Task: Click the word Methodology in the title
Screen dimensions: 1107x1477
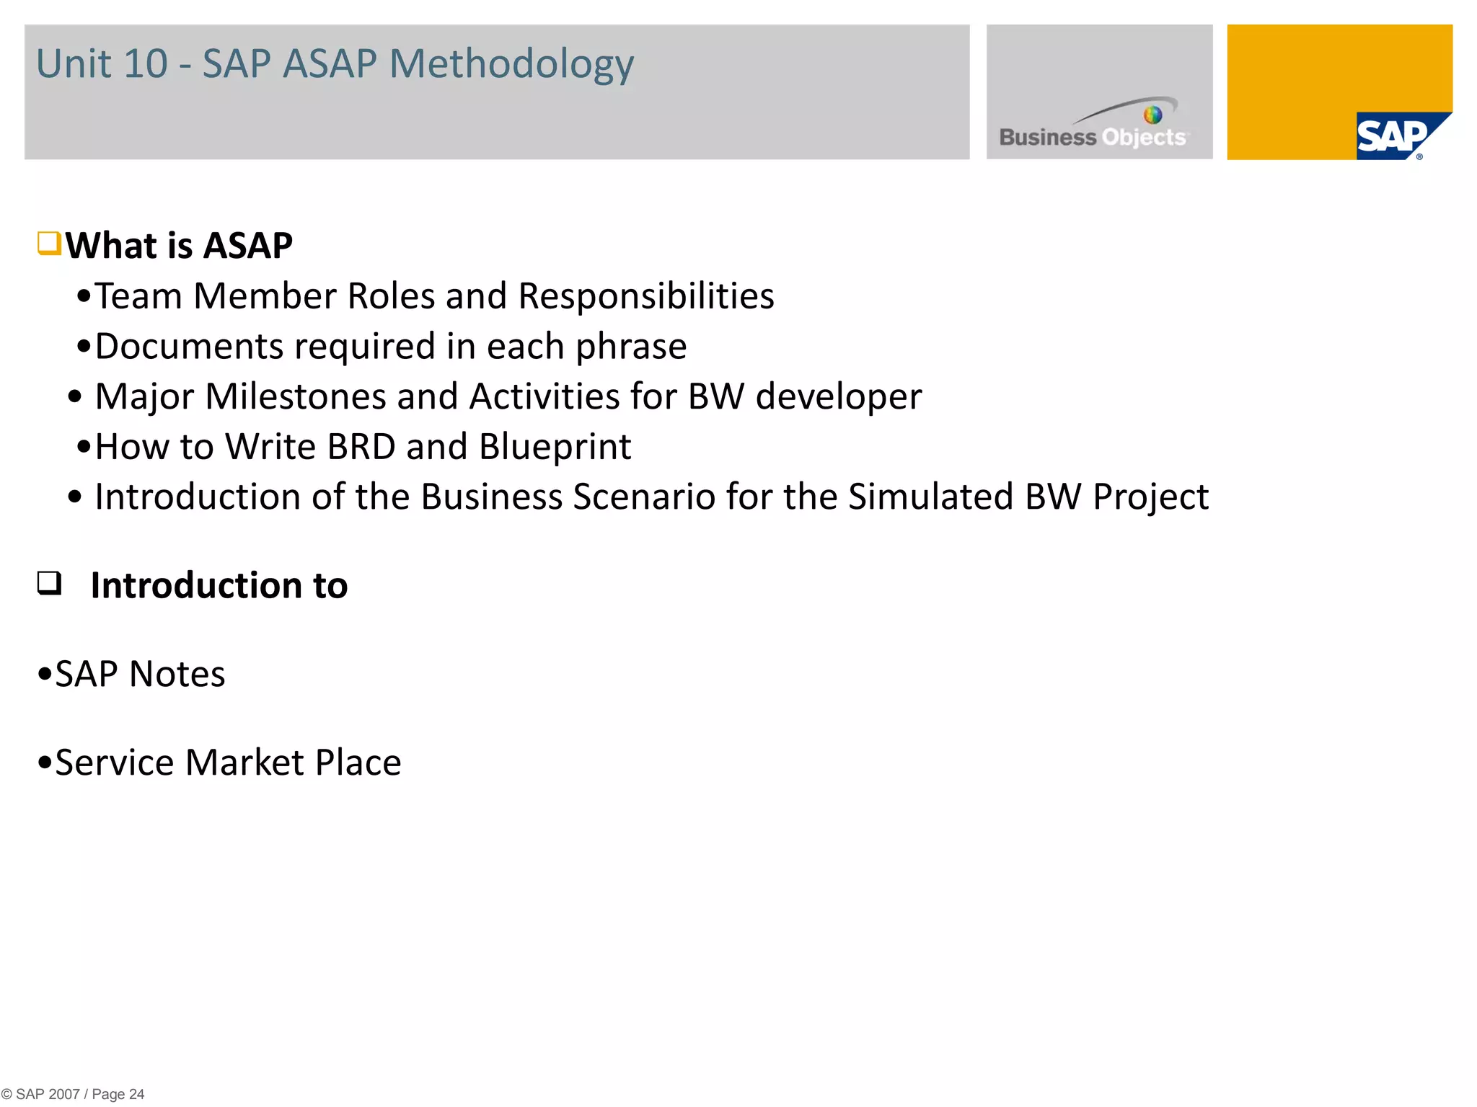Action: [511, 65]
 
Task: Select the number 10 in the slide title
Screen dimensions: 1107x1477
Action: [145, 63]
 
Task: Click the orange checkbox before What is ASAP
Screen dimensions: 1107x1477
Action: [49, 244]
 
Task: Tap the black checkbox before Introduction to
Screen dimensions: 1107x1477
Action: [49, 582]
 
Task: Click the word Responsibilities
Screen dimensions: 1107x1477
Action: [646, 296]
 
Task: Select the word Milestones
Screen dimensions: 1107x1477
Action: [296, 396]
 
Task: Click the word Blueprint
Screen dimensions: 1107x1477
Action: [555, 447]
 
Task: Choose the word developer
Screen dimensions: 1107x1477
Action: [839, 396]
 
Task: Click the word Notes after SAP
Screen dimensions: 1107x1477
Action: [177, 675]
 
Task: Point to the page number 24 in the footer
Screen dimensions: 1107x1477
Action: [136, 1094]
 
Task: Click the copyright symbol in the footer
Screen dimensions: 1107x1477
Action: [6, 1094]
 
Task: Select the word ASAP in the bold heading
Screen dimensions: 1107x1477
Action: [248, 246]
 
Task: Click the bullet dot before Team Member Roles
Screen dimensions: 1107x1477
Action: [84, 295]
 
